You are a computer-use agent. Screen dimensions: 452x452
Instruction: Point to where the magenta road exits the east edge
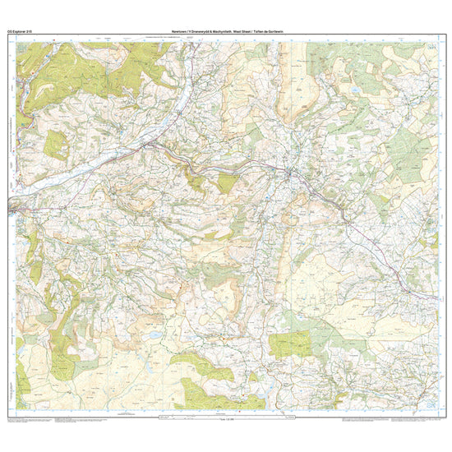coord(436,297)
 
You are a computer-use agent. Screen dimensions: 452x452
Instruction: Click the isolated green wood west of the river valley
coord(56,145)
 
